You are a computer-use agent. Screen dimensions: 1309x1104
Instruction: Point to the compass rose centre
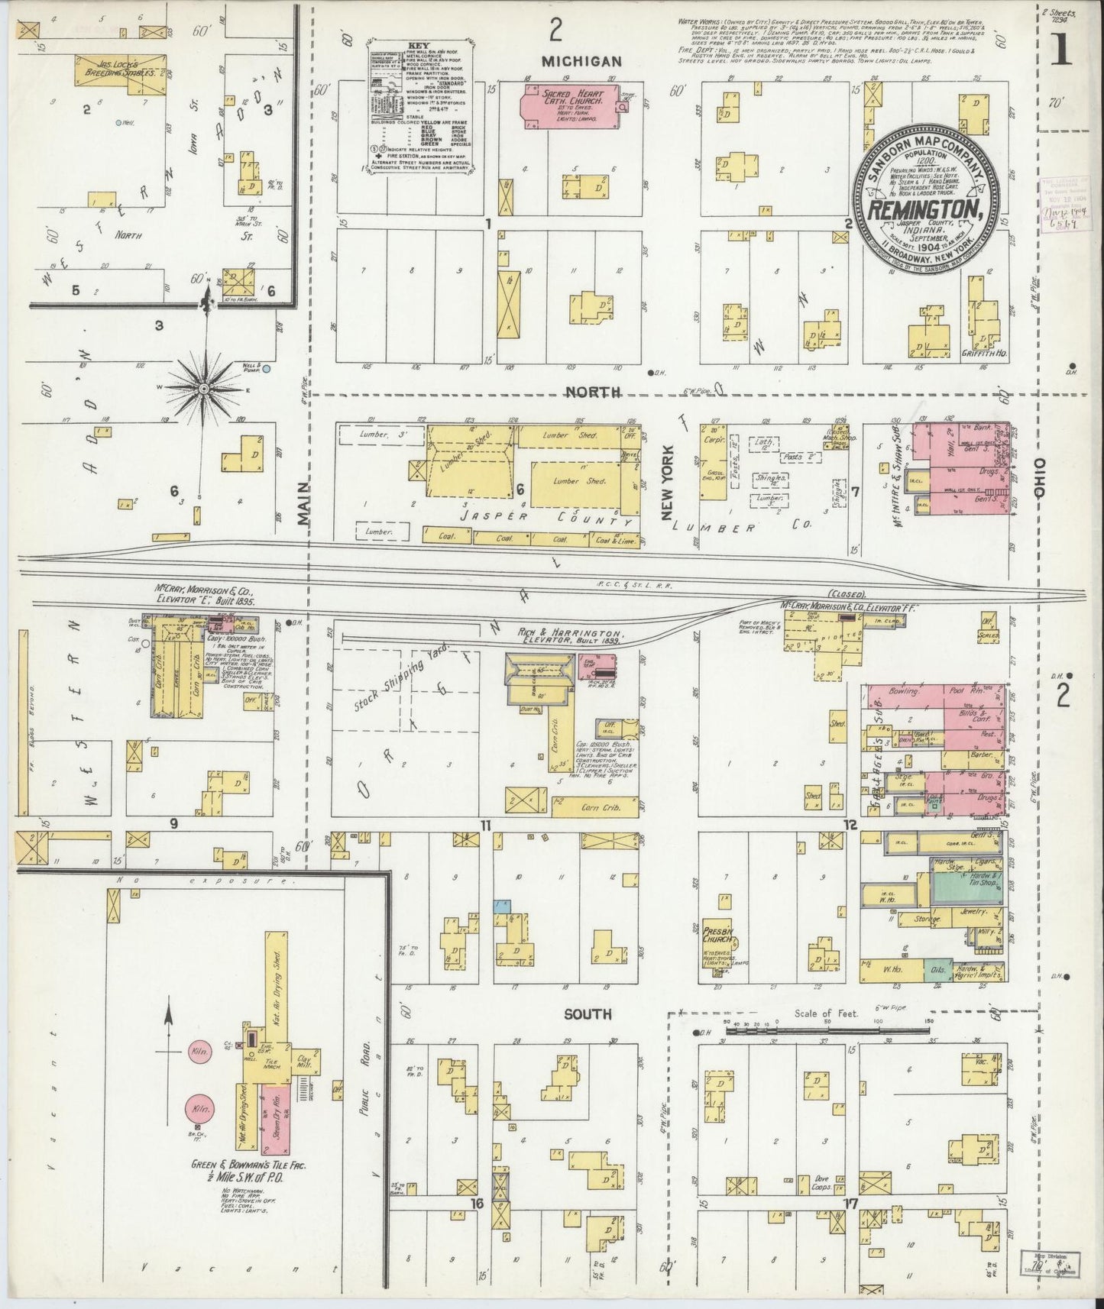click(x=205, y=389)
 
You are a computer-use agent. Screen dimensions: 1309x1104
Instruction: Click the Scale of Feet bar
click(x=825, y=1030)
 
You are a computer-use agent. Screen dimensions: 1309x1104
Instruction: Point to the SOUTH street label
click(x=588, y=1014)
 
